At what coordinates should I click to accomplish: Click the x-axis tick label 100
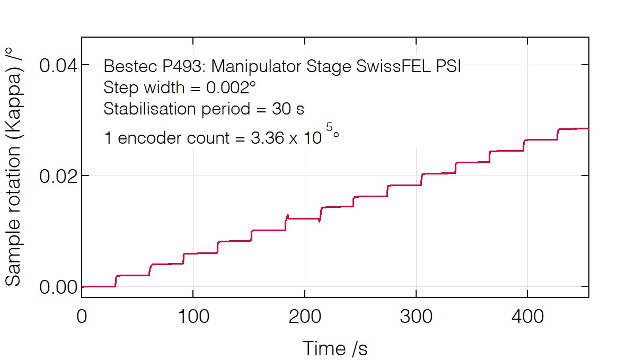coord(193,317)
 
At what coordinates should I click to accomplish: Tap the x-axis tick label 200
coord(305,317)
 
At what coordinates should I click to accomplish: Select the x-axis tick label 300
coord(416,317)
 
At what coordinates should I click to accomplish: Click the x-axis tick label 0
coord(82,317)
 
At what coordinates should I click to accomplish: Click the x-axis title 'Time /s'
coord(334,349)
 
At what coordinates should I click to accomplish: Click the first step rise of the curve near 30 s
coord(116,281)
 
